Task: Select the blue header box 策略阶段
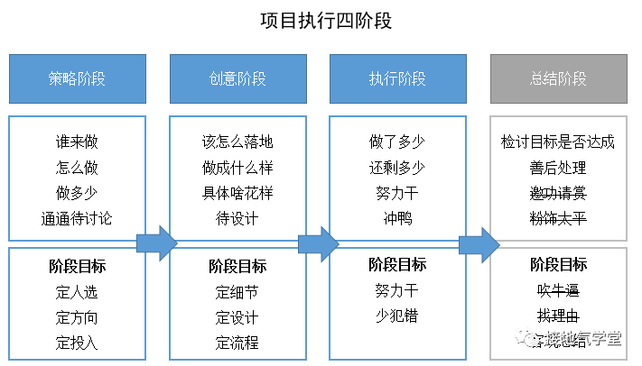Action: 77,78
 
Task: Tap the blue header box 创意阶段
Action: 237,78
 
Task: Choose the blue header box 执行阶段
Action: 397,78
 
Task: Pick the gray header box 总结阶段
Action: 558,78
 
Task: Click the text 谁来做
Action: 77,142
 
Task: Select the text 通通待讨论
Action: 77,218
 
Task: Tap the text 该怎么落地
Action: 237,142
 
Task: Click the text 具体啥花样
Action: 237,193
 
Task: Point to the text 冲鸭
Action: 397,218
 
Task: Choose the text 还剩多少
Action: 397,168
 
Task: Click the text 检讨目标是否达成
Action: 558,142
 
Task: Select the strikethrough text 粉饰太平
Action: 558,218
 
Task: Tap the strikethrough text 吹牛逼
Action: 558,290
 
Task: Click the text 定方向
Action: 77,316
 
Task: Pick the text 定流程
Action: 237,342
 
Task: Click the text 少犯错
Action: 397,316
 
